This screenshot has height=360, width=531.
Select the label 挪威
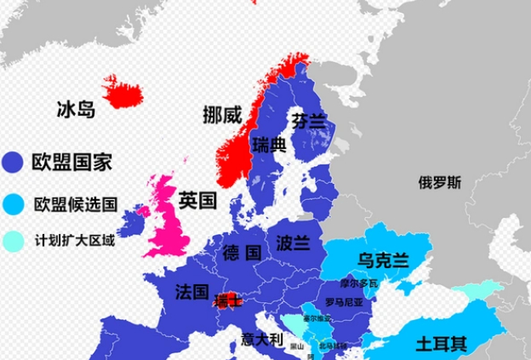pos(222,114)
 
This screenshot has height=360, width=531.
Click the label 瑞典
pos(269,146)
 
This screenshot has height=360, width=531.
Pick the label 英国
pos(197,201)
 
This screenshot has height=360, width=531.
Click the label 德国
pos(242,253)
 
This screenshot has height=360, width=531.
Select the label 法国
pos(192,292)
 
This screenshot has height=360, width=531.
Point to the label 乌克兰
pos(384,259)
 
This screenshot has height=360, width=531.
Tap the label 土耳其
pos(441,345)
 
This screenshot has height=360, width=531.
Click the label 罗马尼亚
pos(344,302)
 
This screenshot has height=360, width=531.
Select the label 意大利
pos(260,339)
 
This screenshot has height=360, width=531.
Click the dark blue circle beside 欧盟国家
pos(14,162)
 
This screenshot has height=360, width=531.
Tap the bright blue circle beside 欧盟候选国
pos(14,203)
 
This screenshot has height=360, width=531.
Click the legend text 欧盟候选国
pos(75,203)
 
